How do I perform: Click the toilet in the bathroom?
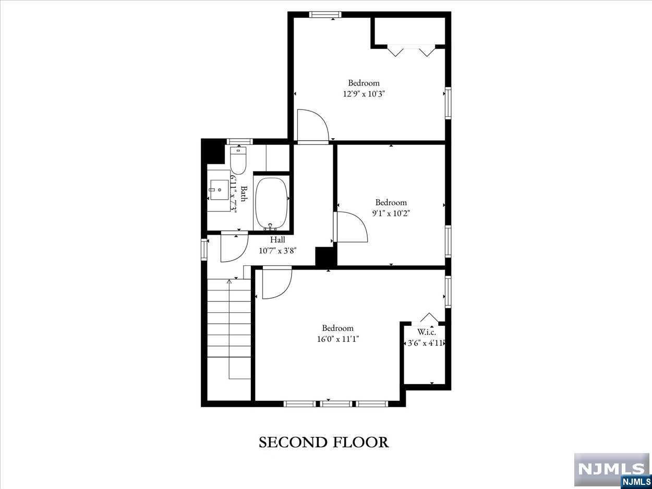pyautogui.click(x=238, y=161)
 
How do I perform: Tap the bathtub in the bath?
pyautogui.click(x=272, y=203)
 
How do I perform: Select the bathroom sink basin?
pyautogui.click(x=219, y=190)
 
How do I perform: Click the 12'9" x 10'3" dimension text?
pyautogui.click(x=364, y=94)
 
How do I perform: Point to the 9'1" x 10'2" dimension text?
pyautogui.click(x=391, y=213)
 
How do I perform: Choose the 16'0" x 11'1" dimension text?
pyautogui.click(x=338, y=339)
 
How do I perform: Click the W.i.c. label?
pyautogui.click(x=427, y=332)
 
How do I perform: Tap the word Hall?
pyautogui.click(x=277, y=240)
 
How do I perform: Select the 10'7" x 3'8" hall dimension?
pyautogui.click(x=277, y=251)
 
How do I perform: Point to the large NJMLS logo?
pyautogui.click(x=612, y=469)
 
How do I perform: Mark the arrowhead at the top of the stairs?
pyautogui.click(x=229, y=281)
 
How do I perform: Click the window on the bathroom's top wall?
pyautogui.click(x=240, y=141)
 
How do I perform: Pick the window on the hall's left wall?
pyautogui.click(x=204, y=250)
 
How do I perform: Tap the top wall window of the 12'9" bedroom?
pyautogui.click(x=325, y=15)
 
